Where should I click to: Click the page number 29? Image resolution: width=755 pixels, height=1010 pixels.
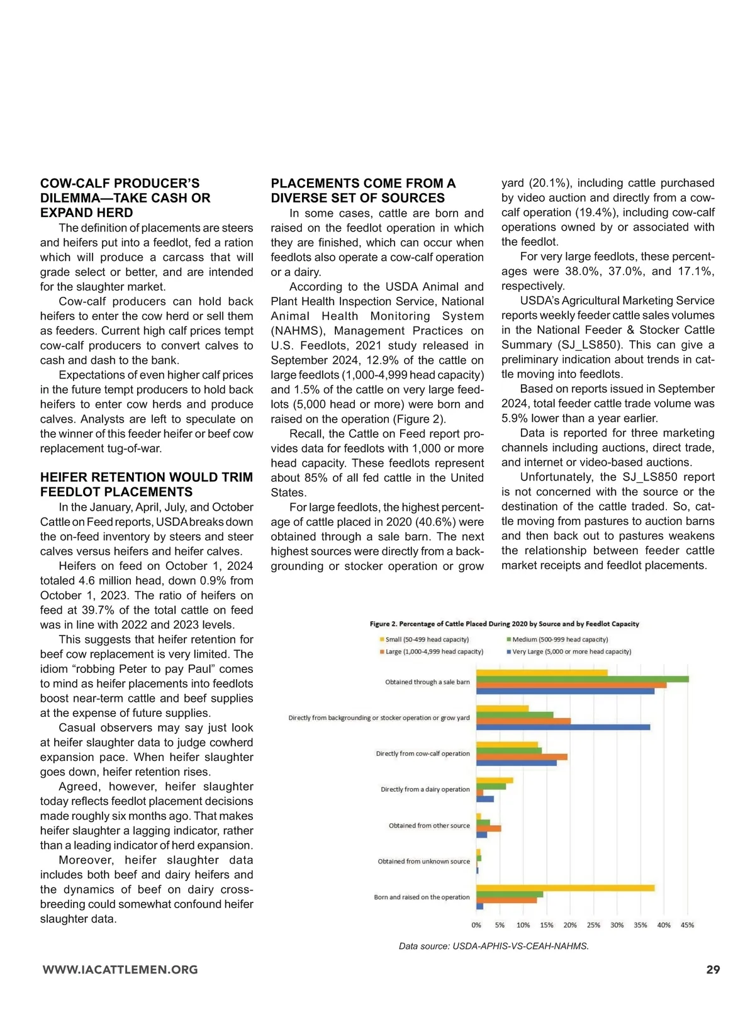tap(713, 970)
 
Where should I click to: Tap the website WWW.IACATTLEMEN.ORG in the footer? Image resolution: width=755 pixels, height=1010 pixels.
tap(120, 970)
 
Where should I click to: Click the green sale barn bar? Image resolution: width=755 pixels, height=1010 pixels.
tap(582, 679)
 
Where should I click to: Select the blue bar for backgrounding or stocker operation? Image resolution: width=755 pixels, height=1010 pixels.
tap(563, 728)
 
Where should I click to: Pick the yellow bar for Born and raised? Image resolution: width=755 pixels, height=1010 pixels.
tap(565, 888)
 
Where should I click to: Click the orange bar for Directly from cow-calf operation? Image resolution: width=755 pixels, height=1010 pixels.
tap(522, 757)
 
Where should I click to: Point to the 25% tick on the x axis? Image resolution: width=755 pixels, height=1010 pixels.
tap(593, 925)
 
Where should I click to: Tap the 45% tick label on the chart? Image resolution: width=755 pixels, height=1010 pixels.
tap(687, 925)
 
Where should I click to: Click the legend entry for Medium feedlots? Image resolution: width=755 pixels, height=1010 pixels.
tap(559, 640)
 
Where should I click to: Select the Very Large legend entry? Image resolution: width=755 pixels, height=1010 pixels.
tap(571, 652)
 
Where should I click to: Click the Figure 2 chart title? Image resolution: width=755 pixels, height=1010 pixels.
tap(504, 624)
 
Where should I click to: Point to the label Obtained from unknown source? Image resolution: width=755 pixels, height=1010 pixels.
tap(423, 862)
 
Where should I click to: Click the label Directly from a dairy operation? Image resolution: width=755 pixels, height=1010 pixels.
tap(425, 789)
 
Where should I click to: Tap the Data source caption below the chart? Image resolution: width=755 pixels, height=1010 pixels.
tap(493, 946)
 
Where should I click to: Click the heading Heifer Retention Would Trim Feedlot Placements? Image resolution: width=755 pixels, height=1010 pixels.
tap(147, 484)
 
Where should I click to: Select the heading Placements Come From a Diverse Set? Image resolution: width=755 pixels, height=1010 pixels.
tap(363, 191)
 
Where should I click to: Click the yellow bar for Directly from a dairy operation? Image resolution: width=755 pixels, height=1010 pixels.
tap(495, 780)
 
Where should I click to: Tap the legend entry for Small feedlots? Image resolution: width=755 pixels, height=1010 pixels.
tap(427, 640)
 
